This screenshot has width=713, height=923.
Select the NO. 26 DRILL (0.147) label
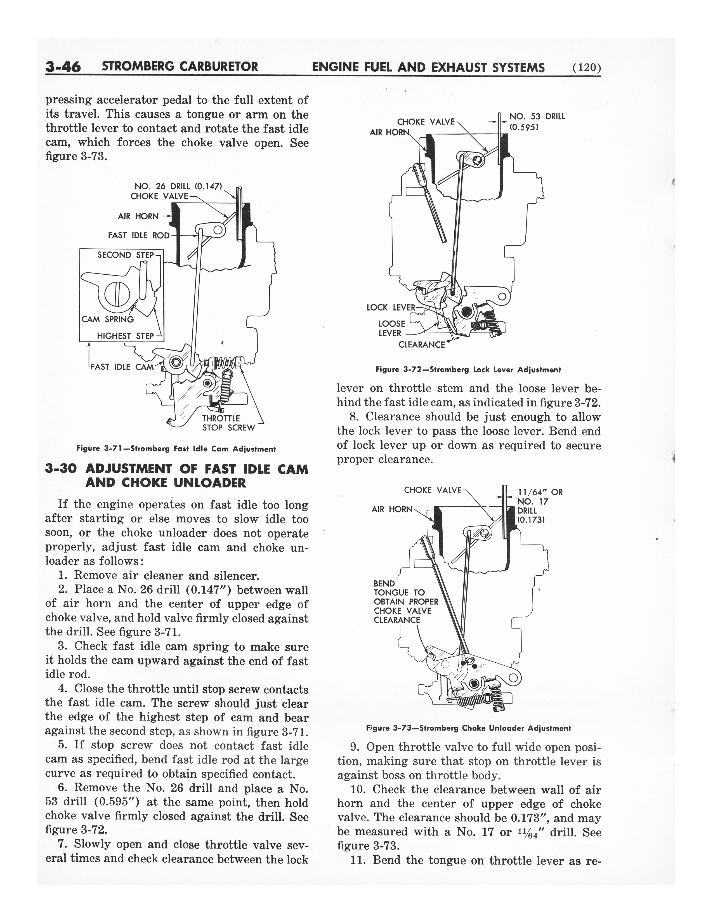(178, 186)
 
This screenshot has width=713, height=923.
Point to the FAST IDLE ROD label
(138, 236)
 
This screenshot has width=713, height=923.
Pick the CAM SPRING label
(108, 319)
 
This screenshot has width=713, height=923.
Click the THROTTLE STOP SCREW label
(228, 423)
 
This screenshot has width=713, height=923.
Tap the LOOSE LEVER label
(391, 328)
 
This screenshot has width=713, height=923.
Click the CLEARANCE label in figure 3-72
(422, 344)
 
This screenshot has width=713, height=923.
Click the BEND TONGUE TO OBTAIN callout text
(405, 602)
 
